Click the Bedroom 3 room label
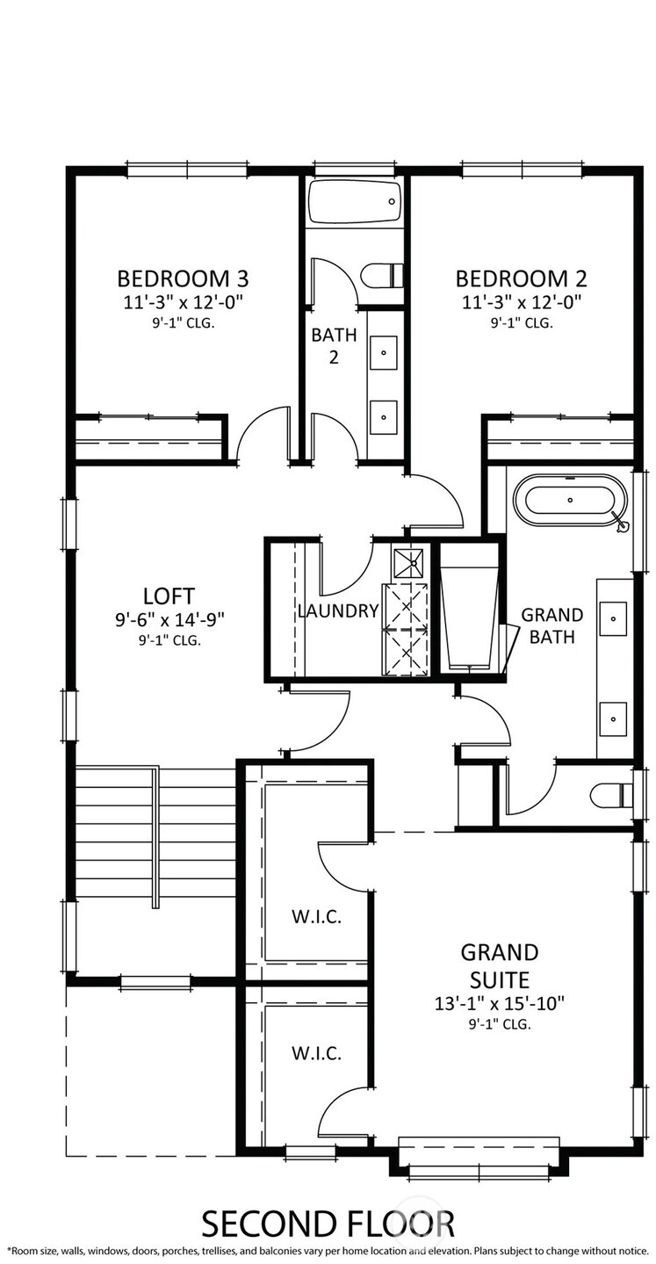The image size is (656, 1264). [x=183, y=278]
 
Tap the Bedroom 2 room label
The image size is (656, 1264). [x=521, y=278]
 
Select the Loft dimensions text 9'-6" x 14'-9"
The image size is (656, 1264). [x=169, y=619]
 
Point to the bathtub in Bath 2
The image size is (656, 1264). [x=356, y=201]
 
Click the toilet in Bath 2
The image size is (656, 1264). [x=382, y=275]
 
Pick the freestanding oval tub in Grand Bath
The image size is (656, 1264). [x=570, y=500]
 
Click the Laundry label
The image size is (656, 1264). [x=338, y=610]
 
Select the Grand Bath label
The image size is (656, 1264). [x=551, y=625]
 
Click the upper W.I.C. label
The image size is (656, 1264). [x=316, y=917]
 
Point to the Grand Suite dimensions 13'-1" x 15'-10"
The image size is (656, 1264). [x=499, y=1003]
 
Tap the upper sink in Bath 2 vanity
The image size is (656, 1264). [x=384, y=353]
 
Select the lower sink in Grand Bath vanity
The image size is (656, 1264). [x=613, y=719]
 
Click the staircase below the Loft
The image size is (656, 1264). [x=155, y=837]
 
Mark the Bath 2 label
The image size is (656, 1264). [x=334, y=345]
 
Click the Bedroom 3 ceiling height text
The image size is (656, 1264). [x=183, y=323]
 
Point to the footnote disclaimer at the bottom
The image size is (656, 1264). [x=328, y=1250]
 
